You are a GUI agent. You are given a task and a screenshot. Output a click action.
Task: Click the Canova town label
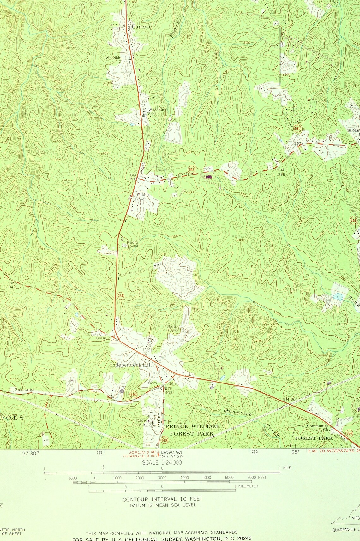[x=141, y=27]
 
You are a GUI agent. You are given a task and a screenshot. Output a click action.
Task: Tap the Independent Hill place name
[x=131, y=365]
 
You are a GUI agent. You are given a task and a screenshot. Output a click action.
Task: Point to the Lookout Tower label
[x=142, y=197]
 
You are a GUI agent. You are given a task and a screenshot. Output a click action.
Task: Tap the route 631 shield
[x=297, y=129]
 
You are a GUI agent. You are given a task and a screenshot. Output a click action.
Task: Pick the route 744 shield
[x=354, y=220]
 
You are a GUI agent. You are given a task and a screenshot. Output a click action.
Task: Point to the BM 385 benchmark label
[x=281, y=172]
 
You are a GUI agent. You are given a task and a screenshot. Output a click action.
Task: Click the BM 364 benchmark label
[x=290, y=400]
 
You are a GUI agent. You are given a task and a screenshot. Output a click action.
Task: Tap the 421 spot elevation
[x=189, y=192]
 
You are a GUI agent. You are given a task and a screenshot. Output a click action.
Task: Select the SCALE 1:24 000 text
[x=162, y=463]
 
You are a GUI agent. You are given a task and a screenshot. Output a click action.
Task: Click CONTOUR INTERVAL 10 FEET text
[x=162, y=499]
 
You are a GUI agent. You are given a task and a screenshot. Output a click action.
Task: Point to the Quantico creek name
[x=238, y=412]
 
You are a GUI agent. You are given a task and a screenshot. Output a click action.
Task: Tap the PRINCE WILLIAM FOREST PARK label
[x=191, y=430]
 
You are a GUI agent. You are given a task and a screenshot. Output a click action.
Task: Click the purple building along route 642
[x=209, y=177]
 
